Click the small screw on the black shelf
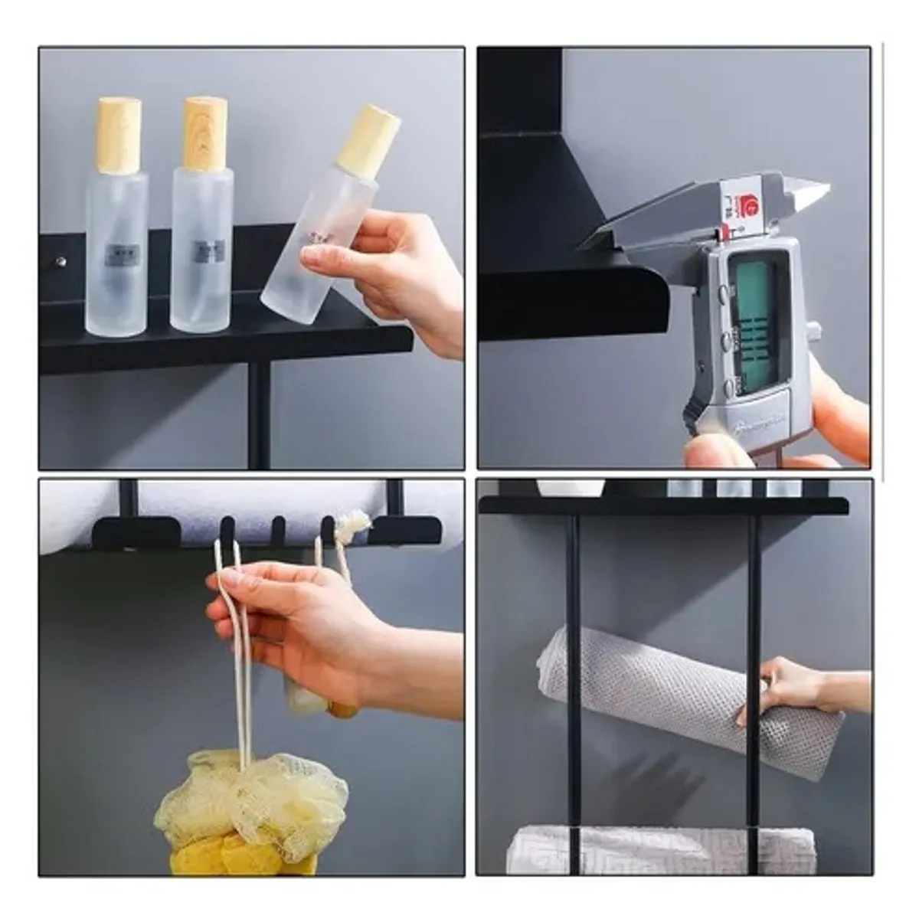pos(61,262)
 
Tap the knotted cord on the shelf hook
pos(354,525)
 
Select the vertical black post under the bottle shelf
pos(259,414)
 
